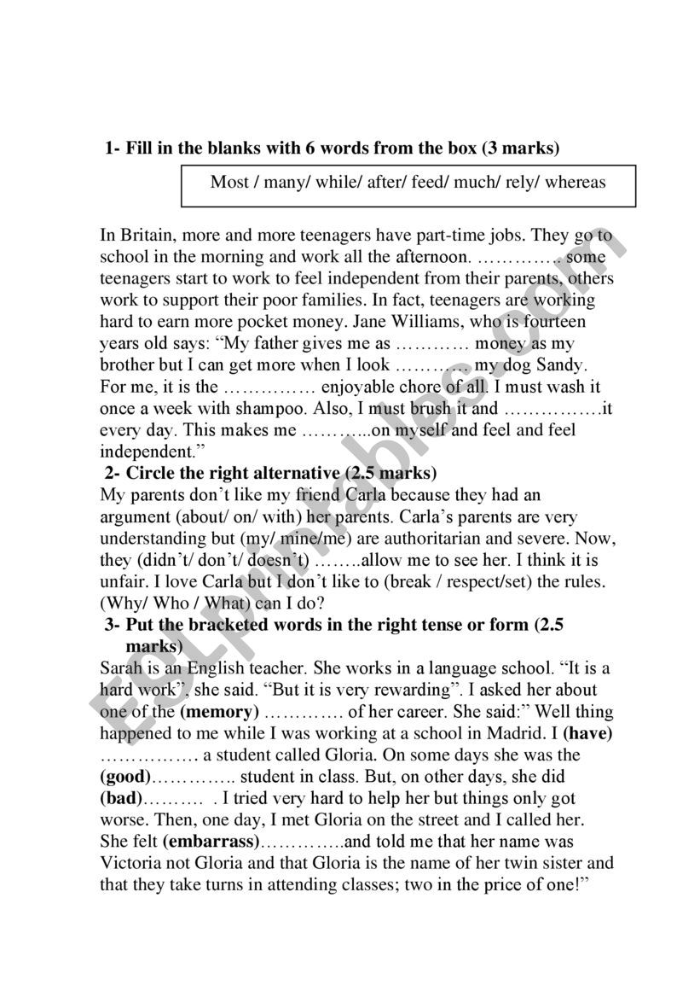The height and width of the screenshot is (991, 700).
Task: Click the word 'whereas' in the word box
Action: [576, 182]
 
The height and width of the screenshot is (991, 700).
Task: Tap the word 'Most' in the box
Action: [229, 182]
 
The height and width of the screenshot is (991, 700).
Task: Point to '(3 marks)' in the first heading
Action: [521, 149]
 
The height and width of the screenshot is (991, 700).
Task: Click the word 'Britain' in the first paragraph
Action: [146, 235]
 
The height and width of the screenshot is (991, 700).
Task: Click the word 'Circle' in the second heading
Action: [151, 473]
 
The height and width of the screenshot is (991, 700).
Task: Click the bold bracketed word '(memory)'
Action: [219, 712]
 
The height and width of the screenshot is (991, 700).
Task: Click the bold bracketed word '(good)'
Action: [125, 777]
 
